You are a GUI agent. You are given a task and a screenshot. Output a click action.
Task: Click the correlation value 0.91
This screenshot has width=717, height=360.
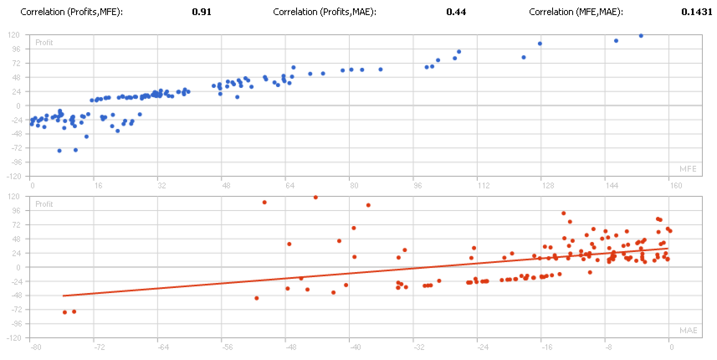(201, 13)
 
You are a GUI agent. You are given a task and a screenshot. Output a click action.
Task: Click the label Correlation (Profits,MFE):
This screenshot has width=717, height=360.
(71, 13)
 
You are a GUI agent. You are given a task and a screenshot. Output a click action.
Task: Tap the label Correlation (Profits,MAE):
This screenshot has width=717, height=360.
(325, 13)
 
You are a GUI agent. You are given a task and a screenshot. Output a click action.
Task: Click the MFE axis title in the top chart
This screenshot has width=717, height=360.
(687, 169)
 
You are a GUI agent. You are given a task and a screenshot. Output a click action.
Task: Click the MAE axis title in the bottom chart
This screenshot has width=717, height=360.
(687, 331)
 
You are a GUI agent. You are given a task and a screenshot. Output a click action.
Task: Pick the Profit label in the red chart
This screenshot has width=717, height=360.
(43, 203)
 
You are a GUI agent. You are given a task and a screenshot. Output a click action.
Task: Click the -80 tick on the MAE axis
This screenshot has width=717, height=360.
(35, 346)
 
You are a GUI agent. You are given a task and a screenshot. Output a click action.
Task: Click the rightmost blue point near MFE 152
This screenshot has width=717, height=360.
(641, 35)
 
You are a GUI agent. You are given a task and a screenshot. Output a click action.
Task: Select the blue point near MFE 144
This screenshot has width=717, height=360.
(616, 40)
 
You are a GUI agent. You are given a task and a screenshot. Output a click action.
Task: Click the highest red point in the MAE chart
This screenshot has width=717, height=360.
(315, 198)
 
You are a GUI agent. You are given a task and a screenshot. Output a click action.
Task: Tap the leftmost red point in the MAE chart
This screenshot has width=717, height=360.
(64, 312)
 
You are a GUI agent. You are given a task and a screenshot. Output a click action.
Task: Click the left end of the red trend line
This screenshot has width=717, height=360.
(64, 296)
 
